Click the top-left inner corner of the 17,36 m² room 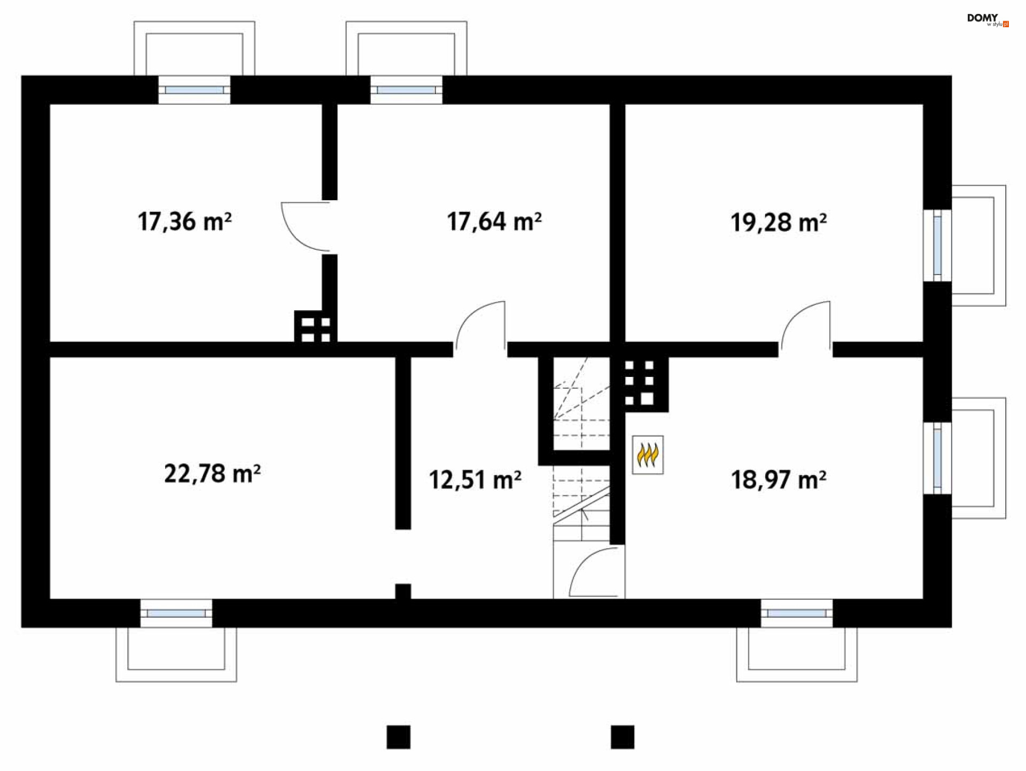[x=50, y=105]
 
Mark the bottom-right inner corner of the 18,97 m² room [x=923, y=599]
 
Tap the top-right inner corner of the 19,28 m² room [x=923, y=105]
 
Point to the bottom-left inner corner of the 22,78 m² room [x=50, y=599]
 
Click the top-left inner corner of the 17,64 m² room [x=338, y=105]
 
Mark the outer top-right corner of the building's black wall [x=952, y=76]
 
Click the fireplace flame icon [x=648, y=455]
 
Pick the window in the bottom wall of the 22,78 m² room [x=176, y=613]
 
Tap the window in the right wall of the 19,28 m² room [x=937, y=246]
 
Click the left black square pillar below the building [x=399, y=737]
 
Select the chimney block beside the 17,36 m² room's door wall [x=315, y=326]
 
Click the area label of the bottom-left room [x=212, y=474]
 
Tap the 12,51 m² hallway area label [x=475, y=479]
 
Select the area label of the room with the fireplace [x=779, y=479]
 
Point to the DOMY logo [x=988, y=20]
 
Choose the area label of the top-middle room [x=494, y=222]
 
